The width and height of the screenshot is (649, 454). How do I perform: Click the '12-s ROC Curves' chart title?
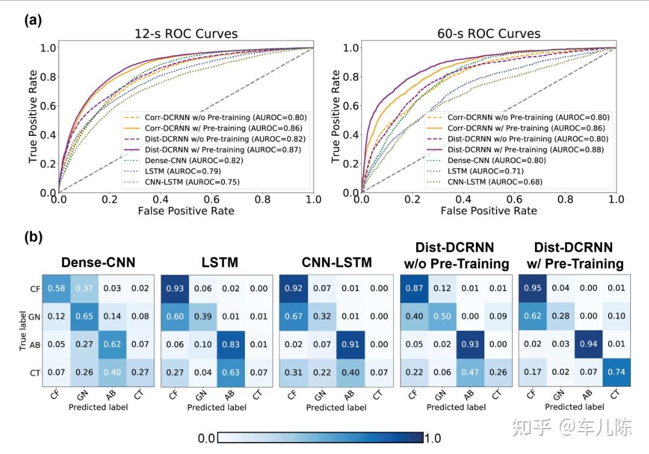coord(186,34)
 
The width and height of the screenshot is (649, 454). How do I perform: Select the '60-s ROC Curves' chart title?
coord(489,34)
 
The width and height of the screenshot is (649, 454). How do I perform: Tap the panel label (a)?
coord(33,20)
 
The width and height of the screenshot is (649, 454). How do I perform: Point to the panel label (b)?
coord(33,237)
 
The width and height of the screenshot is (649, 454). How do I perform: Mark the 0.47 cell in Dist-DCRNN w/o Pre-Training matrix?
coord(470,372)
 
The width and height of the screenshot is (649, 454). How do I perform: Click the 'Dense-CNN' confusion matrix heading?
coord(98,263)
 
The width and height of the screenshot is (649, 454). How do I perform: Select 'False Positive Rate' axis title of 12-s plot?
coord(186,211)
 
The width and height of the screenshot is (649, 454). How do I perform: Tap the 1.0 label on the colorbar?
coord(432,438)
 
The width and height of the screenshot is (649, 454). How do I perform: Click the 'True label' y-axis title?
coord(22,330)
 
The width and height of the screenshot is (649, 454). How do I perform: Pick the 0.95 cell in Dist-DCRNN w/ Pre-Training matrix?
coord(532,288)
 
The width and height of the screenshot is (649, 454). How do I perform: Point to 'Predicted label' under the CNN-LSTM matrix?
coord(335,408)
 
